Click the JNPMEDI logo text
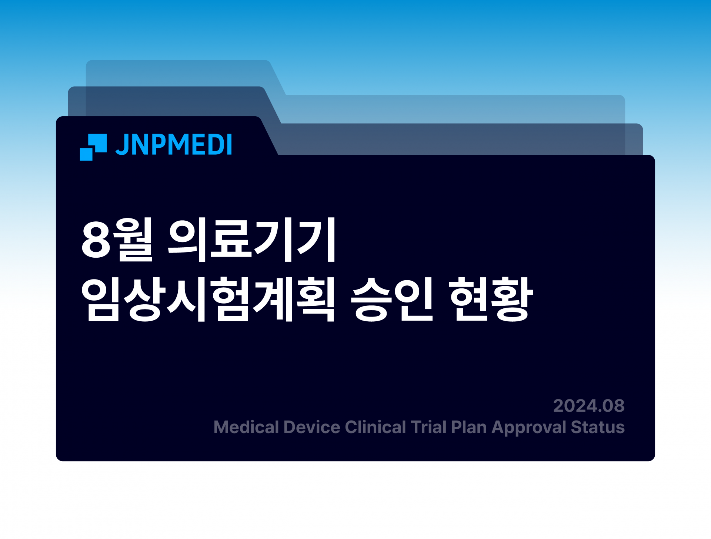point(174,144)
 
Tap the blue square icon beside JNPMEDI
point(93,147)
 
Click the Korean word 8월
point(117,240)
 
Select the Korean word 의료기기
point(252,240)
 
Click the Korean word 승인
point(392,299)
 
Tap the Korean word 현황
point(490,299)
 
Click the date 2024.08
point(589,406)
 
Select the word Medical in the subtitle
point(246,427)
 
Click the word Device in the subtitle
point(312,427)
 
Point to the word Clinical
point(375,427)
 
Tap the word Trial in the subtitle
point(428,427)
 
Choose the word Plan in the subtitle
point(469,427)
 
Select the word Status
point(598,427)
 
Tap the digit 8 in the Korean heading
point(96,240)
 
